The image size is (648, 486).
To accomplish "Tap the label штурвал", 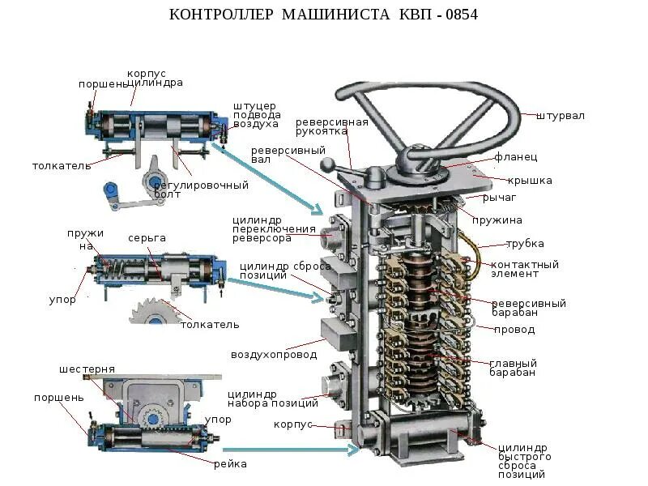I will [x=560, y=116].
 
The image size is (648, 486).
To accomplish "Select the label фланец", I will [x=515, y=156].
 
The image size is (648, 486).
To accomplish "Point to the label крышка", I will [x=530, y=180].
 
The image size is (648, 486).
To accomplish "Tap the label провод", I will [x=514, y=330].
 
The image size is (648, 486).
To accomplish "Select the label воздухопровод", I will [x=274, y=355].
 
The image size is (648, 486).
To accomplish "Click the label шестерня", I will [x=87, y=369].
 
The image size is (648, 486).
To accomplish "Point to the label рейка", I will [x=230, y=464].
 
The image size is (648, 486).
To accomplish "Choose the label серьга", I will [x=147, y=237].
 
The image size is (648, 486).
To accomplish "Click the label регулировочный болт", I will [x=201, y=190].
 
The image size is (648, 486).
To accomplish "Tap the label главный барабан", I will [x=513, y=368].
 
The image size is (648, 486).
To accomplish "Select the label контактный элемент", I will [x=525, y=269].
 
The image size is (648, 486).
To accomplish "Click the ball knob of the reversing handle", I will [x=326, y=167].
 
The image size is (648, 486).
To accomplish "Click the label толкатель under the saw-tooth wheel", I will [x=210, y=324].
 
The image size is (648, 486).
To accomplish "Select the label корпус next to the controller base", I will [x=293, y=424].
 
